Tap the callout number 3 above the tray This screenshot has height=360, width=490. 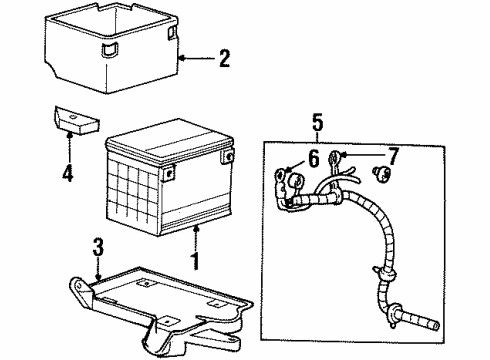tap(98, 246)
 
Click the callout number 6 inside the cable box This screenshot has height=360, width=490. tap(312, 157)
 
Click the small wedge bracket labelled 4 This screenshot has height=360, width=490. tap(71, 119)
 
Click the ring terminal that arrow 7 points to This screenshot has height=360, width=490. tap(341, 156)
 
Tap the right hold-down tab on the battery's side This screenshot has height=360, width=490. tap(229, 158)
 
